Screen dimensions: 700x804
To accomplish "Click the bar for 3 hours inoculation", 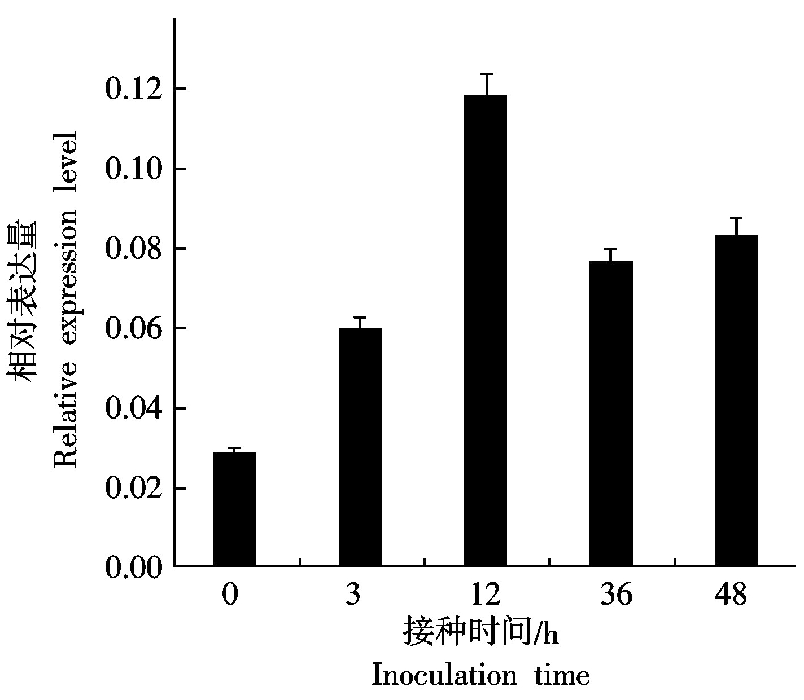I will click(x=360, y=446).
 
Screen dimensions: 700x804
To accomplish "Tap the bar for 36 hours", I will click(x=611, y=413).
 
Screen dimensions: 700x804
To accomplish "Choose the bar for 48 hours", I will click(x=736, y=400).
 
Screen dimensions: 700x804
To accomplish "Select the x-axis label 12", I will click(x=485, y=595).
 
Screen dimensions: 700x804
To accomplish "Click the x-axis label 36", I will click(x=616, y=595).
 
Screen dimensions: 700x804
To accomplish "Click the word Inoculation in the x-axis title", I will click(x=444, y=675).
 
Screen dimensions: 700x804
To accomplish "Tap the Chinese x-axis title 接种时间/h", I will click(x=481, y=632).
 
